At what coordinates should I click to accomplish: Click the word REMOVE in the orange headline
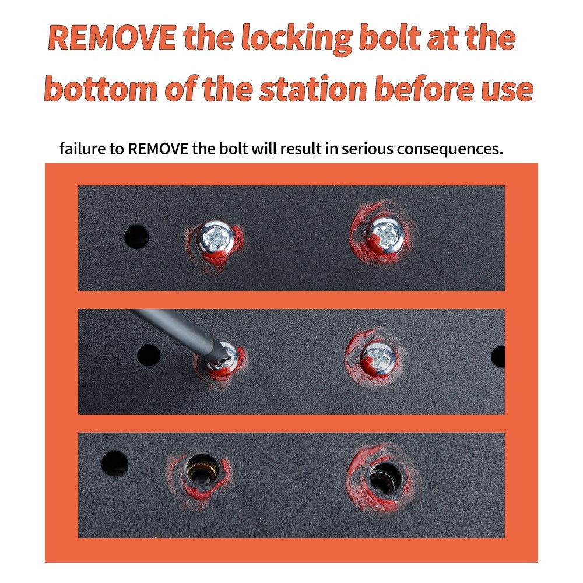[x=112, y=37]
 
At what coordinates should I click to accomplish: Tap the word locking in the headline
[x=297, y=38]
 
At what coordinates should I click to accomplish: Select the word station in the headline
[x=313, y=89]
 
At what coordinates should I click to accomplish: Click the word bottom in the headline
[x=101, y=88]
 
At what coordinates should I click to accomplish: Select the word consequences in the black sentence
[x=450, y=149]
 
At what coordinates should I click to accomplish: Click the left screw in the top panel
[x=215, y=237]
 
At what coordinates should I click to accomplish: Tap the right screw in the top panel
[x=385, y=236]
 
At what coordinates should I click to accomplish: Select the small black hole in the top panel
[x=136, y=237]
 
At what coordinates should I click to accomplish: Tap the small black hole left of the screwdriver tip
[x=148, y=354]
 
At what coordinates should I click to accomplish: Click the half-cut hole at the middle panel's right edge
[x=498, y=357]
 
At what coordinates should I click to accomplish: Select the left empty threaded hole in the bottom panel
[x=202, y=469]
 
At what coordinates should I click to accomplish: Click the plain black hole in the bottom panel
[x=114, y=463]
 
